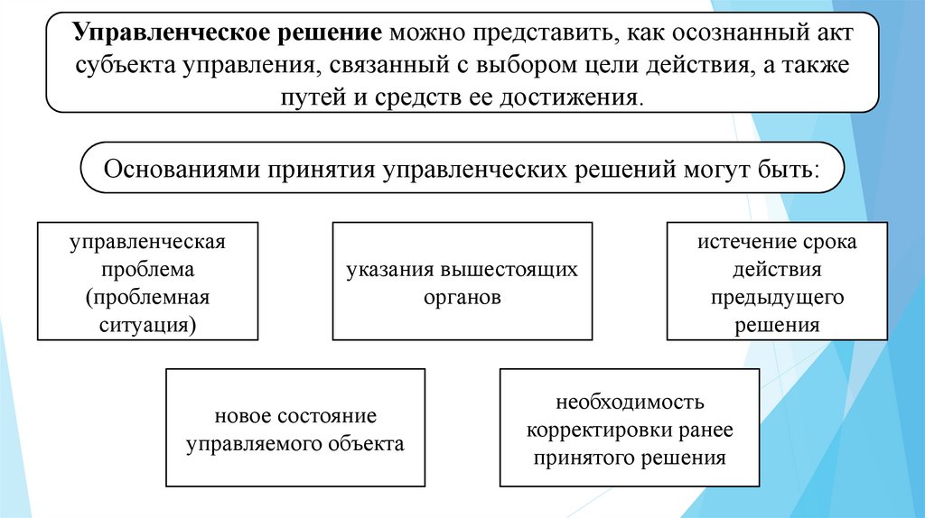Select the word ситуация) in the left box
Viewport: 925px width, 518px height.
tap(146, 324)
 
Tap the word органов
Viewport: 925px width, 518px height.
tap(462, 297)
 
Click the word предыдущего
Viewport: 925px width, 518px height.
tap(776, 298)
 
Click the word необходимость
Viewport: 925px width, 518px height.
tap(630, 403)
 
